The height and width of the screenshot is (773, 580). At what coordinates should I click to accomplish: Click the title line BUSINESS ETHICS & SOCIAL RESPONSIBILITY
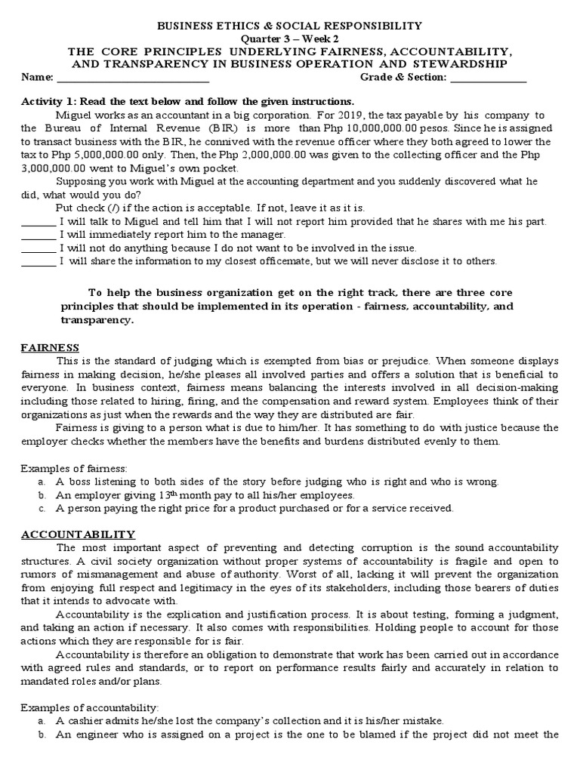pos(289,26)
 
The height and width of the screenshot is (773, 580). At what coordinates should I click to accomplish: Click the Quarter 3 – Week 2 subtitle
pos(289,39)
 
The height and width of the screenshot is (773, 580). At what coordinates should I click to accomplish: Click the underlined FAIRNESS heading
pos(50,347)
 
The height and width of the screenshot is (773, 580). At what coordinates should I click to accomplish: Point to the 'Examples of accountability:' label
pos(89,707)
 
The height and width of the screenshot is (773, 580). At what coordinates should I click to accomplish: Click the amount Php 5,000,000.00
pos(71,155)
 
